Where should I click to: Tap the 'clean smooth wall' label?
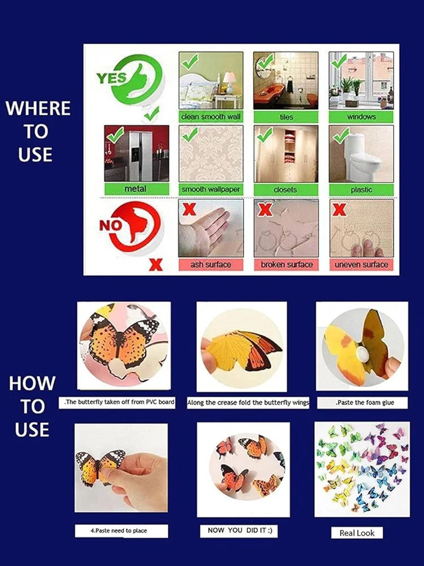(x=211, y=117)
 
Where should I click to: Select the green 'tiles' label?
(x=286, y=117)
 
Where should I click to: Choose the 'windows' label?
(x=361, y=117)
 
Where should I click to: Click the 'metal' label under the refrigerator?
(x=136, y=188)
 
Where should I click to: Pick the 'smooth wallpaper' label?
(x=211, y=188)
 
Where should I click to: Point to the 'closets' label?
(x=285, y=188)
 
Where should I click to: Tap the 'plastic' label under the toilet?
(x=361, y=189)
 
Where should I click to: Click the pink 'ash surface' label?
(x=211, y=264)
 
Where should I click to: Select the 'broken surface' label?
(x=286, y=264)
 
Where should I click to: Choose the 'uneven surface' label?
(x=361, y=264)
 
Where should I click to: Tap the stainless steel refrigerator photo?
(x=136, y=153)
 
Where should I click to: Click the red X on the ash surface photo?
(x=189, y=210)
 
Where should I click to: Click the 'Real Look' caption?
(x=357, y=533)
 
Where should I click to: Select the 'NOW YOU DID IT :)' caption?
(x=239, y=530)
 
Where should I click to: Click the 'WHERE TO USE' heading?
(x=37, y=131)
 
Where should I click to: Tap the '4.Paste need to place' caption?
(x=121, y=531)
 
